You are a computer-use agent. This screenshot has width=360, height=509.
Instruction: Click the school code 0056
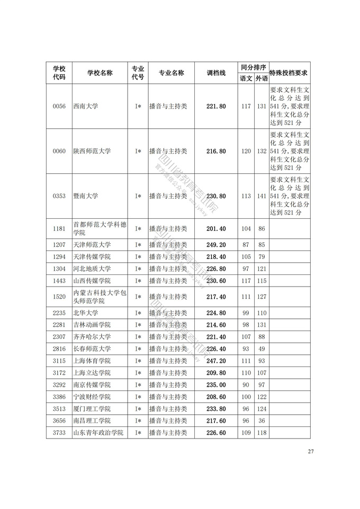[59, 106]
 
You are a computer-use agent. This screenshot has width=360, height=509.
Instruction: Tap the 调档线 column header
[216, 73]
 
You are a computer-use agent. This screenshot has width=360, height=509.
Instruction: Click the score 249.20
[216, 245]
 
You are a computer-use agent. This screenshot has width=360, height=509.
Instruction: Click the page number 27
[311, 452]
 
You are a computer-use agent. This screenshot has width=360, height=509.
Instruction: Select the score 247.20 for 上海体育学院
[216, 361]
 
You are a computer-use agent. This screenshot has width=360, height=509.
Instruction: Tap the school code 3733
[59, 433]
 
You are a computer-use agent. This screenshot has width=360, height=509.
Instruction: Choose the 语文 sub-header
[246, 78]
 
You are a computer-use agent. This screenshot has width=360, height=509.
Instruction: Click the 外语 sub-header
[262, 78]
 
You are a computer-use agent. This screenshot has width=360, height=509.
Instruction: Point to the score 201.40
[216, 229]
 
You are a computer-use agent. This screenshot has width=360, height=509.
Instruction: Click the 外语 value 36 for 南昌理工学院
[262, 421]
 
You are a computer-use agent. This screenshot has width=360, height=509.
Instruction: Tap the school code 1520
[59, 297]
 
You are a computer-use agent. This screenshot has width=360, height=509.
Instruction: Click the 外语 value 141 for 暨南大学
[262, 196]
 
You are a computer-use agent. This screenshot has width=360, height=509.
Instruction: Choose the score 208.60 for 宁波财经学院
[216, 397]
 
